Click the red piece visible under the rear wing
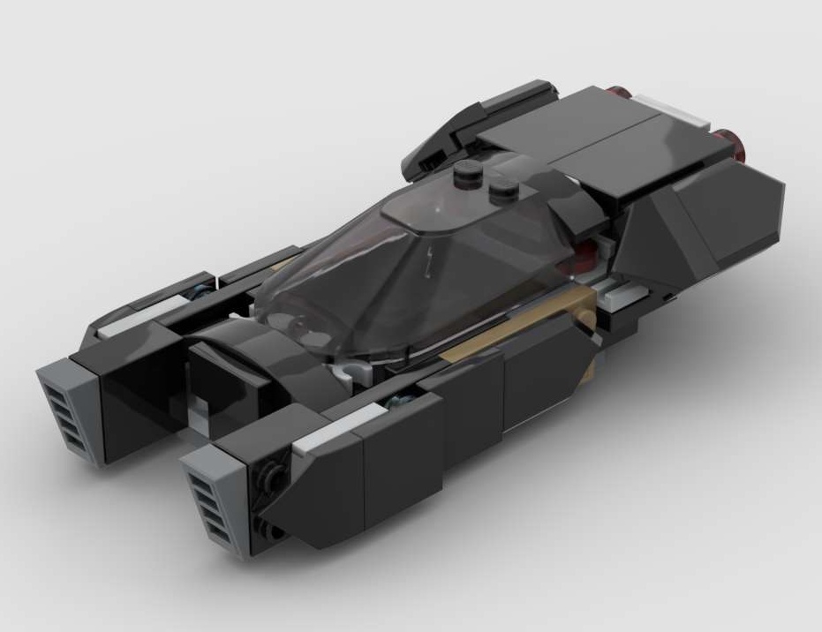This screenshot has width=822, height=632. (x=584, y=257)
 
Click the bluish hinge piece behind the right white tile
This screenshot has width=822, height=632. (x=388, y=407)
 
